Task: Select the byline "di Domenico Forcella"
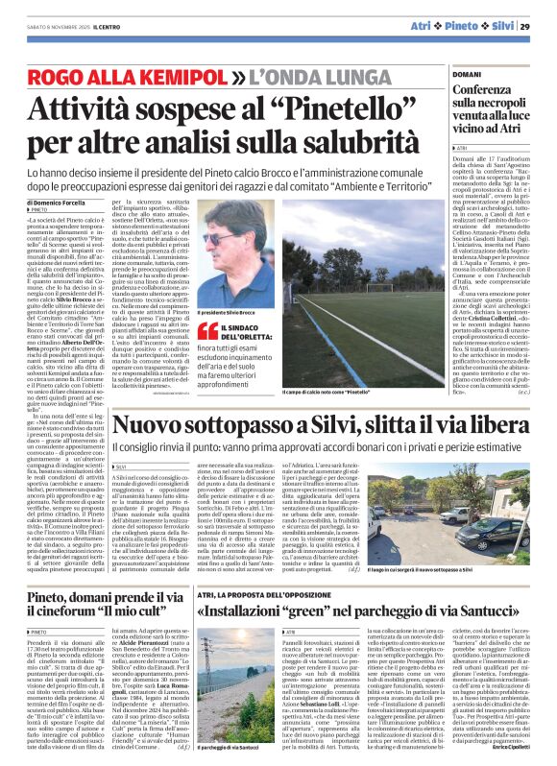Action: (x=57, y=203)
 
